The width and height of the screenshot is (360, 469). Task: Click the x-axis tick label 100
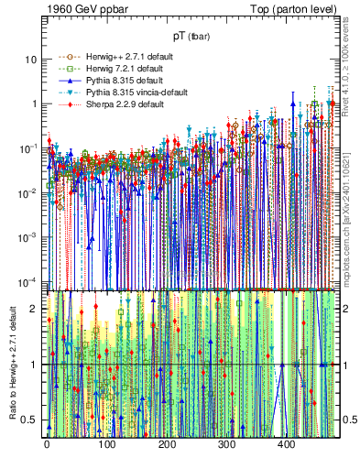pos(106,446)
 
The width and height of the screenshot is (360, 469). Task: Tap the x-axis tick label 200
pos(167,446)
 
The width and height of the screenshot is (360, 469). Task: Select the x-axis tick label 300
pos(226,446)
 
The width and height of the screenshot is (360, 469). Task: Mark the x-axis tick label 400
pos(286,446)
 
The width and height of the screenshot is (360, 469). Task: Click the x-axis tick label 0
pos(47,446)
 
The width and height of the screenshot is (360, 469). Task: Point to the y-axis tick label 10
pos(31,60)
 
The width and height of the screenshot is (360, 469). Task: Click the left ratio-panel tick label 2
pos(35,309)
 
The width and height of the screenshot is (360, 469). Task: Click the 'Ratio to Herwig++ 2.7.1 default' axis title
pos(12,365)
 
